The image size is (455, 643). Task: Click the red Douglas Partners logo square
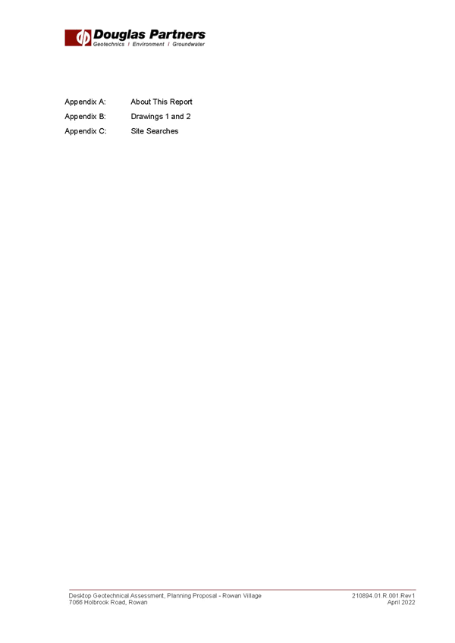[x=77, y=38]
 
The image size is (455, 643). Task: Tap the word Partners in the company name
[x=177, y=34]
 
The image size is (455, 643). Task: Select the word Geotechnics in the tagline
[x=108, y=44]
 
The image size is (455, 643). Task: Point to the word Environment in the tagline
[x=148, y=44]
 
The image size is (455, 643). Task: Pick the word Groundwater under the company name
[x=188, y=44]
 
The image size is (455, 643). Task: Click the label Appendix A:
[x=86, y=102]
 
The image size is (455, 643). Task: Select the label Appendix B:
[x=86, y=117]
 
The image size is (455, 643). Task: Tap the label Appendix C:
[x=86, y=131]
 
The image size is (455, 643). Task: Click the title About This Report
[x=162, y=102]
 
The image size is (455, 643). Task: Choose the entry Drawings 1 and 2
[x=161, y=117]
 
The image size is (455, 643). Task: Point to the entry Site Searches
[x=155, y=131]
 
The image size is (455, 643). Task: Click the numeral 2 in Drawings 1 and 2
[x=188, y=117]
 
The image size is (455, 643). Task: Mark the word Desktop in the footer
[x=80, y=596]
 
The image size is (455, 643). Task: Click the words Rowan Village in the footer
[x=242, y=596]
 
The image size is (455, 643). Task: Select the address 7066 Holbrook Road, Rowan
[x=108, y=602]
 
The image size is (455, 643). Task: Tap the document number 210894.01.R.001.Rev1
[x=383, y=596]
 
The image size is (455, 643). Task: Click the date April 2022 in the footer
[x=401, y=602]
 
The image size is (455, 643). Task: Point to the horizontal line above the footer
[x=243, y=590]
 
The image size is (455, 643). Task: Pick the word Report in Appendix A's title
[x=181, y=102]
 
